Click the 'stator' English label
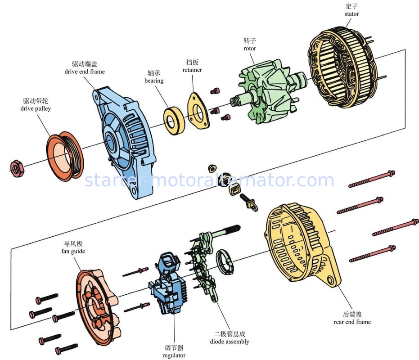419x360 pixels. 351,14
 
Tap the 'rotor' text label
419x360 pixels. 249,49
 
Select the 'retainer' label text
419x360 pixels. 192,70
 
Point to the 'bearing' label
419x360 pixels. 154,81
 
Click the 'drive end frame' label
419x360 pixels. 85,72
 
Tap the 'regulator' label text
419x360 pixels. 174,355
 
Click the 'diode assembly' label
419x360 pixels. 230,342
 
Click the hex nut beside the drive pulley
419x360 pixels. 16,168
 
